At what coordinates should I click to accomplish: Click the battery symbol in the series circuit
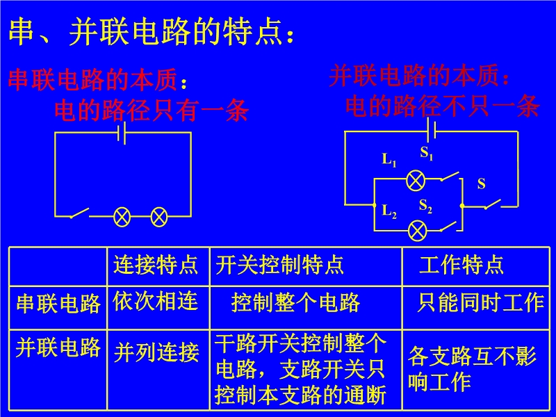pyautogui.click(x=122, y=133)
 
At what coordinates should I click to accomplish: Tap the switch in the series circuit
pyautogui.click(x=79, y=213)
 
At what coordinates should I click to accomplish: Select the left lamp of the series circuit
pyautogui.click(x=122, y=217)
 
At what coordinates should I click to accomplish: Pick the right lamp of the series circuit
pyautogui.click(x=159, y=217)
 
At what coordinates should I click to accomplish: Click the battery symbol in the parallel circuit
pyautogui.click(x=431, y=131)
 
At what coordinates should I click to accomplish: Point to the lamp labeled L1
pyautogui.click(x=415, y=181)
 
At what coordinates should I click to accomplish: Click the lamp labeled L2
pyautogui.click(x=418, y=231)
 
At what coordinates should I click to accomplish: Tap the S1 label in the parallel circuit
pyautogui.click(x=427, y=153)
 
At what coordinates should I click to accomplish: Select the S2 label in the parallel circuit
pyautogui.click(x=425, y=206)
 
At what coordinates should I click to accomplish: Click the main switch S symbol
pyautogui.click(x=492, y=204)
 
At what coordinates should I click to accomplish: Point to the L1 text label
pyautogui.click(x=389, y=160)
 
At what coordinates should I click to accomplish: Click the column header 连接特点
pyautogui.click(x=156, y=265)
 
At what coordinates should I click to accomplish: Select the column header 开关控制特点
pyautogui.click(x=280, y=265)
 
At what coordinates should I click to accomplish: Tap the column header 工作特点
pyautogui.click(x=461, y=265)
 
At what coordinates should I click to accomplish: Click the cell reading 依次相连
pyautogui.click(x=155, y=301)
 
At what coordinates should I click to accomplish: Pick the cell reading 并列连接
pyautogui.click(x=156, y=352)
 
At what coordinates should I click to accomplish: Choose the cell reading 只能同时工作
pyautogui.click(x=480, y=303)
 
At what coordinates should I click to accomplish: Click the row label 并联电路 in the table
pyautogui.click(x=58, y=347)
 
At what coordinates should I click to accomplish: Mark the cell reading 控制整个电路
pyautogui.click(x=296, y=303)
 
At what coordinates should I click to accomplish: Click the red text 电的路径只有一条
pyautogui.click(x=152, y=111)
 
